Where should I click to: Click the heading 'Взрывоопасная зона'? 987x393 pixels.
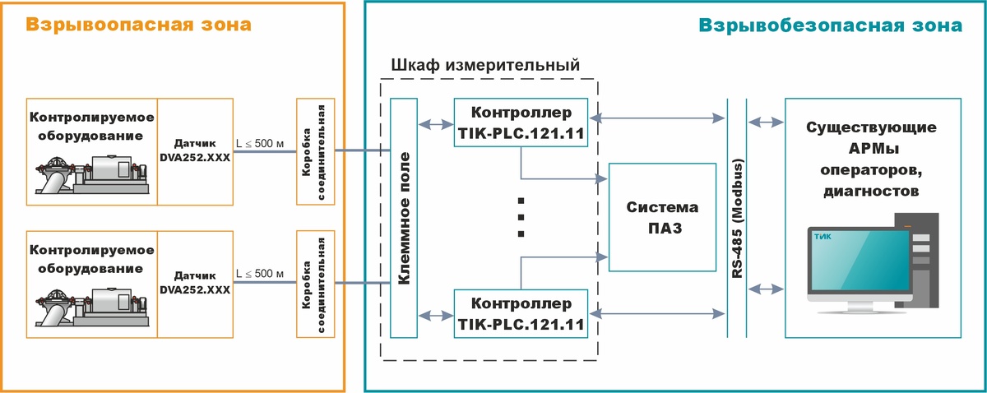pos(138,25)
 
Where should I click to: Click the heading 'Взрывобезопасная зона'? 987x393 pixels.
pos(830,25)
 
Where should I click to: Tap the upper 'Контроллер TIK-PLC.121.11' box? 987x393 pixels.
pos(520,123)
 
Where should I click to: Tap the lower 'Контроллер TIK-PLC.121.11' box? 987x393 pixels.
pos(520,313)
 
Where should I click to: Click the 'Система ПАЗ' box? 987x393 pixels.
pos(662,217)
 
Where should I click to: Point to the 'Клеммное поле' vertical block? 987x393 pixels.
pos(403,218)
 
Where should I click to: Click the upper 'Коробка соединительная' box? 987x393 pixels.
pos(317,151)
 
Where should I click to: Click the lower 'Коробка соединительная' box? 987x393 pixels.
pos(317,284)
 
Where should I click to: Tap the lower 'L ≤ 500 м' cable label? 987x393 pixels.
pos(260,274)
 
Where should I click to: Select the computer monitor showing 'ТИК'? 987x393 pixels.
pos(860,262)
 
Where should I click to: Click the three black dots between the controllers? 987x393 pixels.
pos(521,217)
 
